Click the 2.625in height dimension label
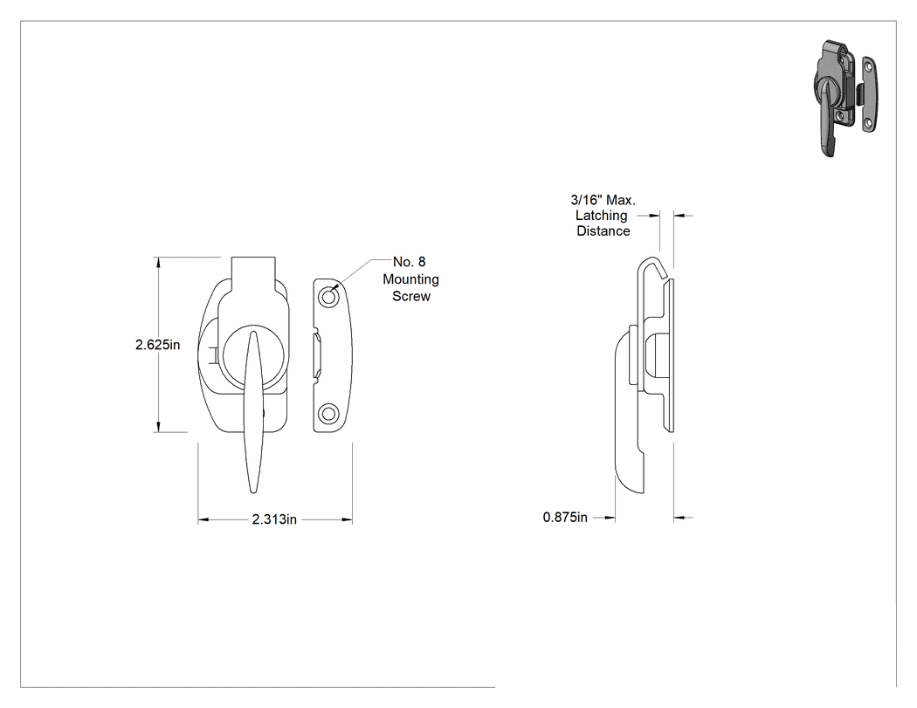tap(157, 345)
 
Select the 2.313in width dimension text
tap(274, 519)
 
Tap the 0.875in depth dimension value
tap(565, 518)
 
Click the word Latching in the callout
tap(601, 216)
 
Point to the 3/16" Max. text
tap(603, 200)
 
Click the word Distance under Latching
tap(603, 231)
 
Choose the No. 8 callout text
tap(410, 262)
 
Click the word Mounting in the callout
tap(410, 279)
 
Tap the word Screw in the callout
tap(411, 297)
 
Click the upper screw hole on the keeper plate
tap(328, 298)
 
